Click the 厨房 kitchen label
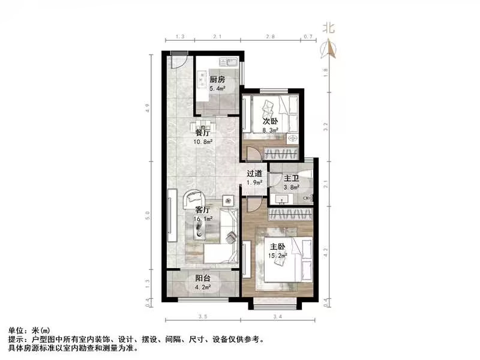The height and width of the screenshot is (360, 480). point(217,79)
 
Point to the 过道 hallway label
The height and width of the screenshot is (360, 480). point(254,174)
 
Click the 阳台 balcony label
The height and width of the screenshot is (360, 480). point(203,278)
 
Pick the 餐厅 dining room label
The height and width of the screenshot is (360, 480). point(203,133)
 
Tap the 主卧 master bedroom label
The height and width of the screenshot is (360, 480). point(277,246)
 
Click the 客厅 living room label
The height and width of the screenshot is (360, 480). point(203,210)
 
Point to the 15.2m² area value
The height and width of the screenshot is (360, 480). point(277,255)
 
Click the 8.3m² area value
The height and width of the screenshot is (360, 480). point(271,129)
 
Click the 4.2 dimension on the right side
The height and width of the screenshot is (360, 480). point(326,253)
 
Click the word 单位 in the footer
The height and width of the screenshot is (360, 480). point(17,331)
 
